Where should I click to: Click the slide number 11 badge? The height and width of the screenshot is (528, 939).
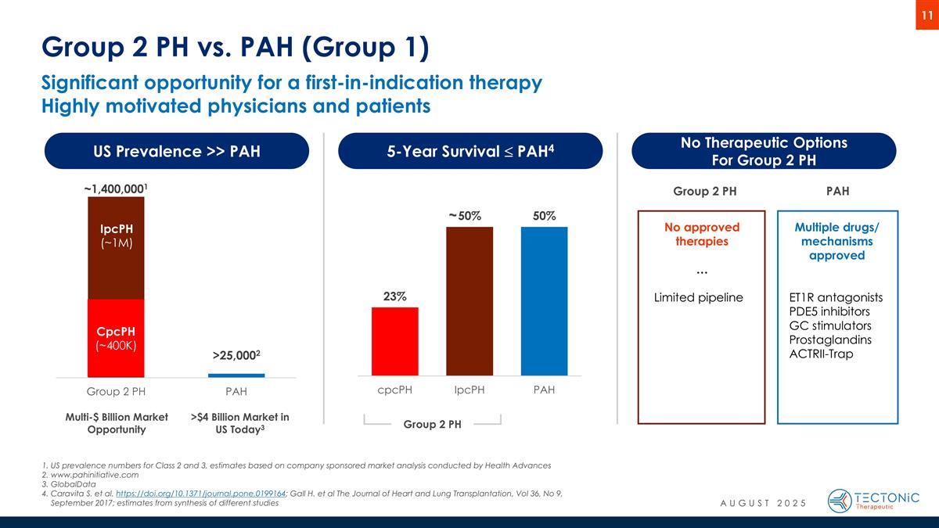click(927, 16)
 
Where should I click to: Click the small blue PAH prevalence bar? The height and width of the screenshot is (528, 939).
click(236, 375)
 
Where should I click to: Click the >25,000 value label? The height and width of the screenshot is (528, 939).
click(236, 356)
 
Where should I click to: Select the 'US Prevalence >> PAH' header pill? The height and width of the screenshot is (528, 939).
click(176, 151)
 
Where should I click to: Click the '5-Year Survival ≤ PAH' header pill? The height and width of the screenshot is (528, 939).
click(469, 151)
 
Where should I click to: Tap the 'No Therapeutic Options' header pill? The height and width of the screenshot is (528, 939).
click(763, 151)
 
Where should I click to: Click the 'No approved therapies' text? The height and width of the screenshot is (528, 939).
click(701, 234)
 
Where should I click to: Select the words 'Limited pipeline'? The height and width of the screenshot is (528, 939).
click(698, 298)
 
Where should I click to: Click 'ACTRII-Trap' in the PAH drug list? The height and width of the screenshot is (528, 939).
click(822, 354)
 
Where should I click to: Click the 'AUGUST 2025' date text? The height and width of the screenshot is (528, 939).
click(762, 501)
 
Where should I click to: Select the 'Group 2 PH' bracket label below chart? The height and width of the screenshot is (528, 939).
click(432, 424)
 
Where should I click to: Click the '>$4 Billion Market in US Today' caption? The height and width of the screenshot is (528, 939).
click(239, 423)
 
